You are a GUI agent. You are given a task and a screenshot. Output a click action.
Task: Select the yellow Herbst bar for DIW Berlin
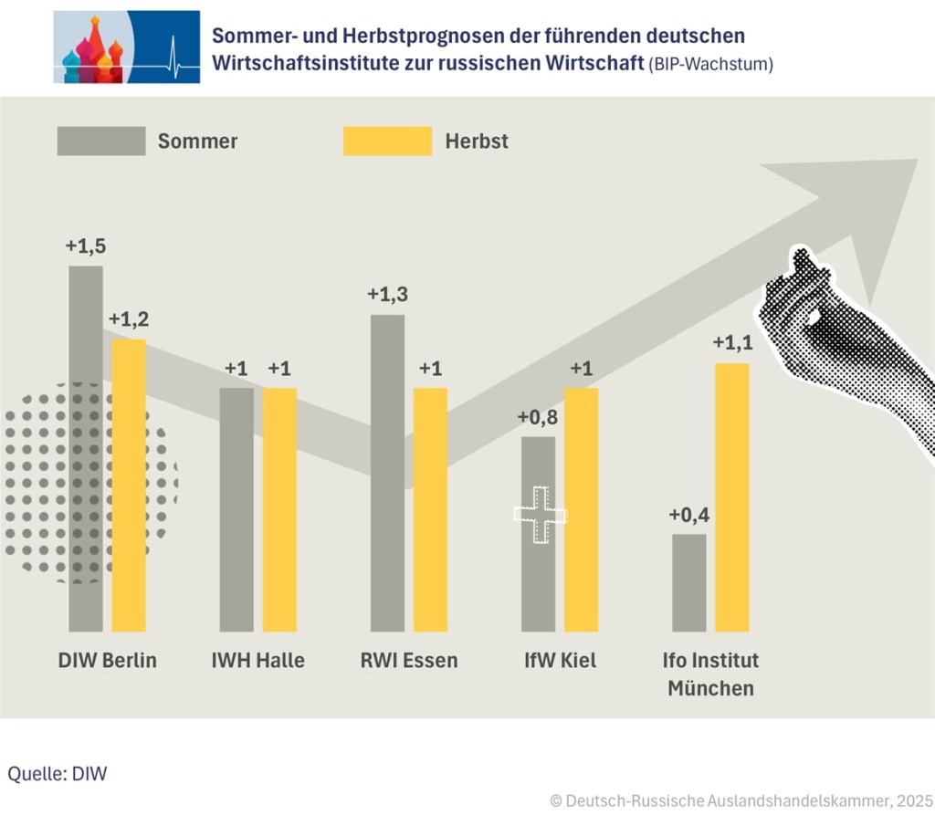(x=129, y=484)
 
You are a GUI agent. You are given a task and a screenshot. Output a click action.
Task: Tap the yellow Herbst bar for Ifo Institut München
(x=731, y=496)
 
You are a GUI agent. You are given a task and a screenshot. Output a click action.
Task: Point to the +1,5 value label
(x=85, y=246)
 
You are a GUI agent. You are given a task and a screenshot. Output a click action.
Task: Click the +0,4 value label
(x=688, y=515)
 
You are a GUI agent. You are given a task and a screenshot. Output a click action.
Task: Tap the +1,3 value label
(x=386, y=295)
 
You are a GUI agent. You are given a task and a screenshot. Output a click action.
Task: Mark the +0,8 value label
(x=537, y=417)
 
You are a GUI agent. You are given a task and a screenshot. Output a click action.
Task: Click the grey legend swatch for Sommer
(x=100, y=141)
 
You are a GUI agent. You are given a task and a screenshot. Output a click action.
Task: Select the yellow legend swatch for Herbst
(x=387, y=141)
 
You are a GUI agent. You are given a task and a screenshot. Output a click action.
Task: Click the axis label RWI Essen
(x=408, y=660)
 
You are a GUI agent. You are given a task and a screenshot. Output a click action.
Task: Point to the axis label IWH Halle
(x=257, y=660)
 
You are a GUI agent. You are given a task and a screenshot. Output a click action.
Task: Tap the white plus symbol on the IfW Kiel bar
(x=540, y=516)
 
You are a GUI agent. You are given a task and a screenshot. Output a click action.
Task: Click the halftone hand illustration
(x=840, y=338)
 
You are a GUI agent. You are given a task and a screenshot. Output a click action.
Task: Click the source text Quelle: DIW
(x=58, y=774)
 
